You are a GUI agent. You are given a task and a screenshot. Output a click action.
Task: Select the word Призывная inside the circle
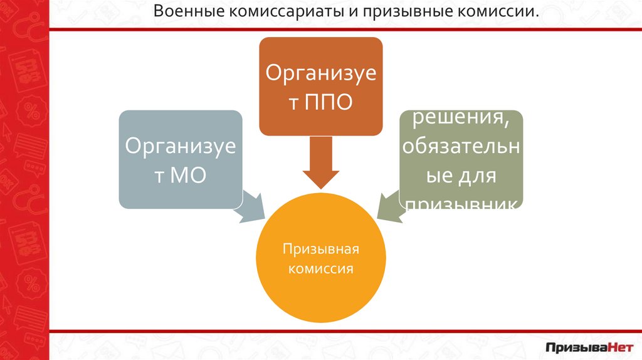(320, 250)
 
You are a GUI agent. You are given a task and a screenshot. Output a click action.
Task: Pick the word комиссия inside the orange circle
(320, 269)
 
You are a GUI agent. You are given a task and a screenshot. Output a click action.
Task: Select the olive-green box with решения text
(462, 159)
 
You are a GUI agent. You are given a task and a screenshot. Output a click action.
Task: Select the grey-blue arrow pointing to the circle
(251, 206)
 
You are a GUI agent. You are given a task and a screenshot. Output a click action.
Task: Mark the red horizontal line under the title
(345, 29)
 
